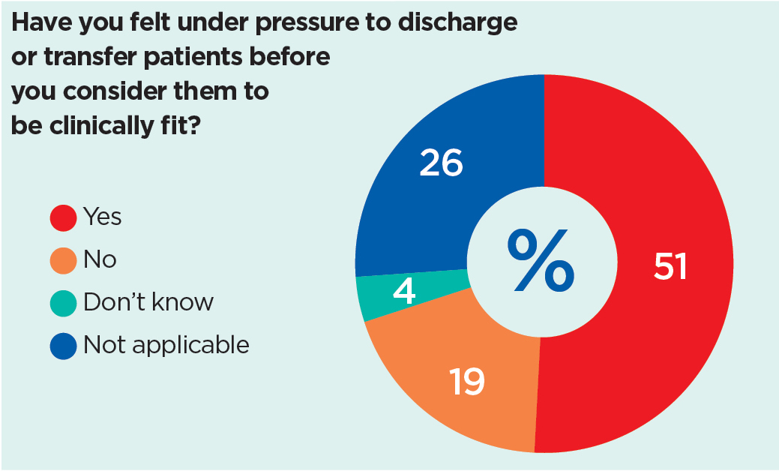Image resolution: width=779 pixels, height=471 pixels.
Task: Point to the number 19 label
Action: (x=466, y=382)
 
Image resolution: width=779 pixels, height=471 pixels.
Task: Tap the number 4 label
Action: (x=405, y=291)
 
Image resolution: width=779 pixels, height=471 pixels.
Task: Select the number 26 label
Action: (x=442, y=163)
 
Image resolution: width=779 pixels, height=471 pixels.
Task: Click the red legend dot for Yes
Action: (x=63, y=217)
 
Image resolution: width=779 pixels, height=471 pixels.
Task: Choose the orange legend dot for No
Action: (x=63, y=260)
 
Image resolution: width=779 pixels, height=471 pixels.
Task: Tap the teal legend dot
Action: (x=63, y=303)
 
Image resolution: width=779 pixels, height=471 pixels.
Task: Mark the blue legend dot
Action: (x=63, y=346)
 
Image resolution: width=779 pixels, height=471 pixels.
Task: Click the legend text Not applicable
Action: (x=166, y=346)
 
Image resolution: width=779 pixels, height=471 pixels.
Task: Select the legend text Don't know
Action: (x=148, y=302)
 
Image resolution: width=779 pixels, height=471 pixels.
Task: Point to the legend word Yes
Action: (x=103, y=217)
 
